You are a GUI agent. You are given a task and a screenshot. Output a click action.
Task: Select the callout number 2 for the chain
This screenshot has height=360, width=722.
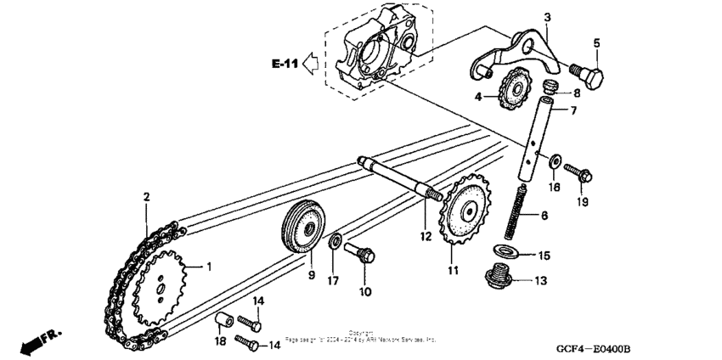[146, 197]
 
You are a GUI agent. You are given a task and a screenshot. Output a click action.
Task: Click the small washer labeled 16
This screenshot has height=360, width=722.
[554, 159]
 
